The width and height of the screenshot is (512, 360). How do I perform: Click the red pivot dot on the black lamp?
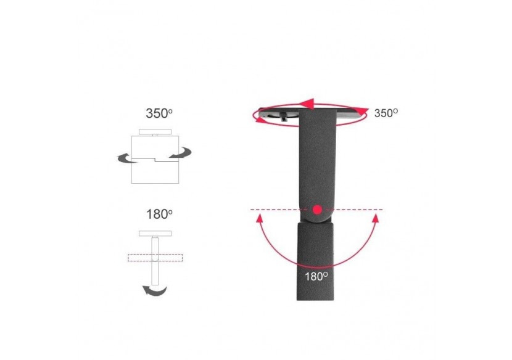(x=316, y=210)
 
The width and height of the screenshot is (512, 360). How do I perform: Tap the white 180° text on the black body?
(x=316, y=276)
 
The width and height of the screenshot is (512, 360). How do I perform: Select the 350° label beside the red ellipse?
(x=386, y=113)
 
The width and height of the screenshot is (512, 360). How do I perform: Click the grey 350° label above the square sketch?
(x=159, y=113)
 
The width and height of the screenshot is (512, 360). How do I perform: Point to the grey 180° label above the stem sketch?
(x=159, y=215)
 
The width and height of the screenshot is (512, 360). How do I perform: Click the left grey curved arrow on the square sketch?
(x=126, y=158)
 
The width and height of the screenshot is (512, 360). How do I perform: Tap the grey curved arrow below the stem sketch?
(x=155, y=290)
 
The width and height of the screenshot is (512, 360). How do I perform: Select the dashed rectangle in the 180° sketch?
(x=155, y=258)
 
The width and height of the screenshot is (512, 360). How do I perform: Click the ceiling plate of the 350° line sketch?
(x=155, y=131)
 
